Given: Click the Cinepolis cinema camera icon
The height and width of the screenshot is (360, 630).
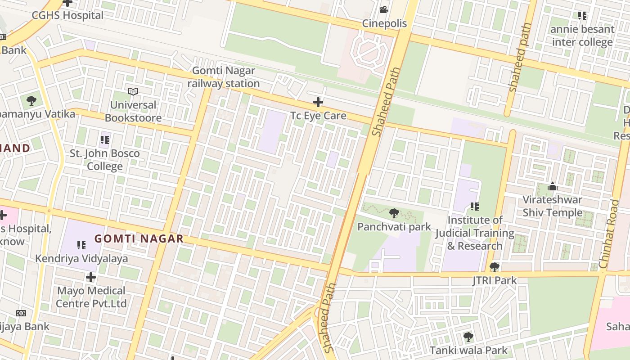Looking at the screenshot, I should [x=384, y=9].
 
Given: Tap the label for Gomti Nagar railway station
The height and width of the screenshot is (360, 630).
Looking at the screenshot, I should [x=224, y=77].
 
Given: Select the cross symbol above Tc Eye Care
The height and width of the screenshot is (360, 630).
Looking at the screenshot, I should [x=318, y=102].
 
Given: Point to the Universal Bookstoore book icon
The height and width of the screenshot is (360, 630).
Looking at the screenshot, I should [x=133, y=91].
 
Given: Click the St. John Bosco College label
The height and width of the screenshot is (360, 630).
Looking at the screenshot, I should [x=104, y=160].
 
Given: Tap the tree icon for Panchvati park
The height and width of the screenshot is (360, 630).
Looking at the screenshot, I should [x=394, y=213].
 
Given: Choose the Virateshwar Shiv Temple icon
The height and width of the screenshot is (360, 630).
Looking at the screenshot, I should [x=553, y=186].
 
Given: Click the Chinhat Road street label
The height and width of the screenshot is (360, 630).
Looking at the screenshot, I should [x=610, y=234].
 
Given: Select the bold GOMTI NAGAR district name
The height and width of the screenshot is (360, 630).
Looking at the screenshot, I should [x=139, y=238].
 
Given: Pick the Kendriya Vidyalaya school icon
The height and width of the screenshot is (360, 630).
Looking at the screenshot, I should [x=81, y=245].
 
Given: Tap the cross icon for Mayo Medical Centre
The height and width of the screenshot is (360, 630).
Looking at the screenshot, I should [x=91, y=277].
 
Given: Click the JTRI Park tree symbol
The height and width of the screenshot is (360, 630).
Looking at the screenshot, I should [x=495, y=267].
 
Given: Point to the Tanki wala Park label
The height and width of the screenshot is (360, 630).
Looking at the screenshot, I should [x=468, y=350].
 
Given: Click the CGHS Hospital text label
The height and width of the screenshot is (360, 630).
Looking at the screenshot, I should [x=67, y=15].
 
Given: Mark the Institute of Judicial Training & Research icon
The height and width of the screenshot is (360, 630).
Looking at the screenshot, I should [x=475, y=207].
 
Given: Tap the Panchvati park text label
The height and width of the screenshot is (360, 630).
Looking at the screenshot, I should [x=394, y=226].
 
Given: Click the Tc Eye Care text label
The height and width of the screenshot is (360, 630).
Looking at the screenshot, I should [x=318, y=116].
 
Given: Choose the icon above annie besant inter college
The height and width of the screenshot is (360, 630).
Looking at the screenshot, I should [x=582, y=16].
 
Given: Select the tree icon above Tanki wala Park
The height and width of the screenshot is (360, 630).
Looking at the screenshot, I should [x=468, y=337].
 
